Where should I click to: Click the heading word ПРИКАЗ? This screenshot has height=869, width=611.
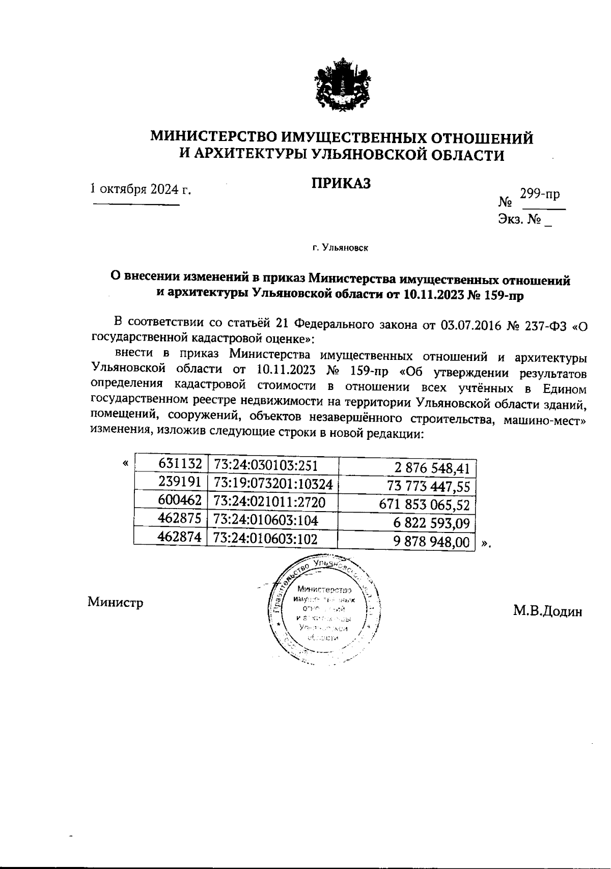pos(341,183)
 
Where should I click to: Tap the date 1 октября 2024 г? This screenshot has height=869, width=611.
pos(141,189)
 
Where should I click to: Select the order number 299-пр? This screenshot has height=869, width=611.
pos(540,194)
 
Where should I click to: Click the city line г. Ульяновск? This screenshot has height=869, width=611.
pos(340,248)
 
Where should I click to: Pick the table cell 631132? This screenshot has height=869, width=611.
pos(180,464)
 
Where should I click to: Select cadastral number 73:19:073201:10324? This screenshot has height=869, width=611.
pos(273,483)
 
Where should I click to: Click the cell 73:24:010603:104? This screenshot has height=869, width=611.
pos(266,520)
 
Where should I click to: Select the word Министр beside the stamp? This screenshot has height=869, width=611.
pos(115,603)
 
